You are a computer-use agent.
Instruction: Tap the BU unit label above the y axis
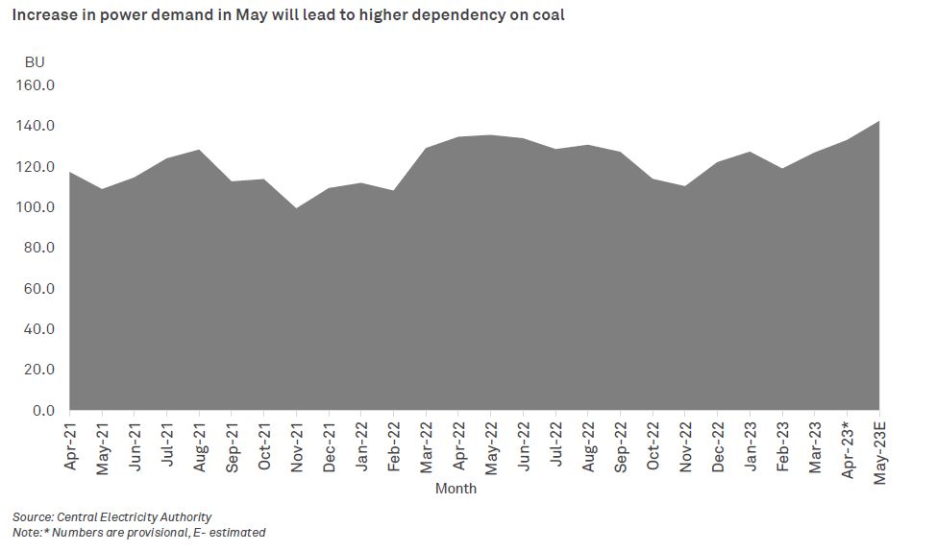click(35, 62)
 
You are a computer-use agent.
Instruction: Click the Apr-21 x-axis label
click(70, 445)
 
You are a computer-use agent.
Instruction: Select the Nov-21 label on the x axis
click(297, 445)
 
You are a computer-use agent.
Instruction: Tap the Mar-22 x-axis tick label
click(426, 445)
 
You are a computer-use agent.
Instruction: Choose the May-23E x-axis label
click(879, 450)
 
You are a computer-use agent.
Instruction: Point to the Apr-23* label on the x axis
click(847, 447)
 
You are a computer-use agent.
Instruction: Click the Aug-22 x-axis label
click(588, 445)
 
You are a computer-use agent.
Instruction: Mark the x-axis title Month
click(456, 489)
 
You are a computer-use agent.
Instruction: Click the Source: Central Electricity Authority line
click(111, 517)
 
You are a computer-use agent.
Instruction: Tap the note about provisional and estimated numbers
click(138, 532)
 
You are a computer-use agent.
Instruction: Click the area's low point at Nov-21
click(297, 208)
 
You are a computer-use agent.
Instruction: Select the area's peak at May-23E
click(878, 122)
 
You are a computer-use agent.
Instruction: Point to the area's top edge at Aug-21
click(199, 151)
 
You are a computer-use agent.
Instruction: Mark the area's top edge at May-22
click(491, 135)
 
